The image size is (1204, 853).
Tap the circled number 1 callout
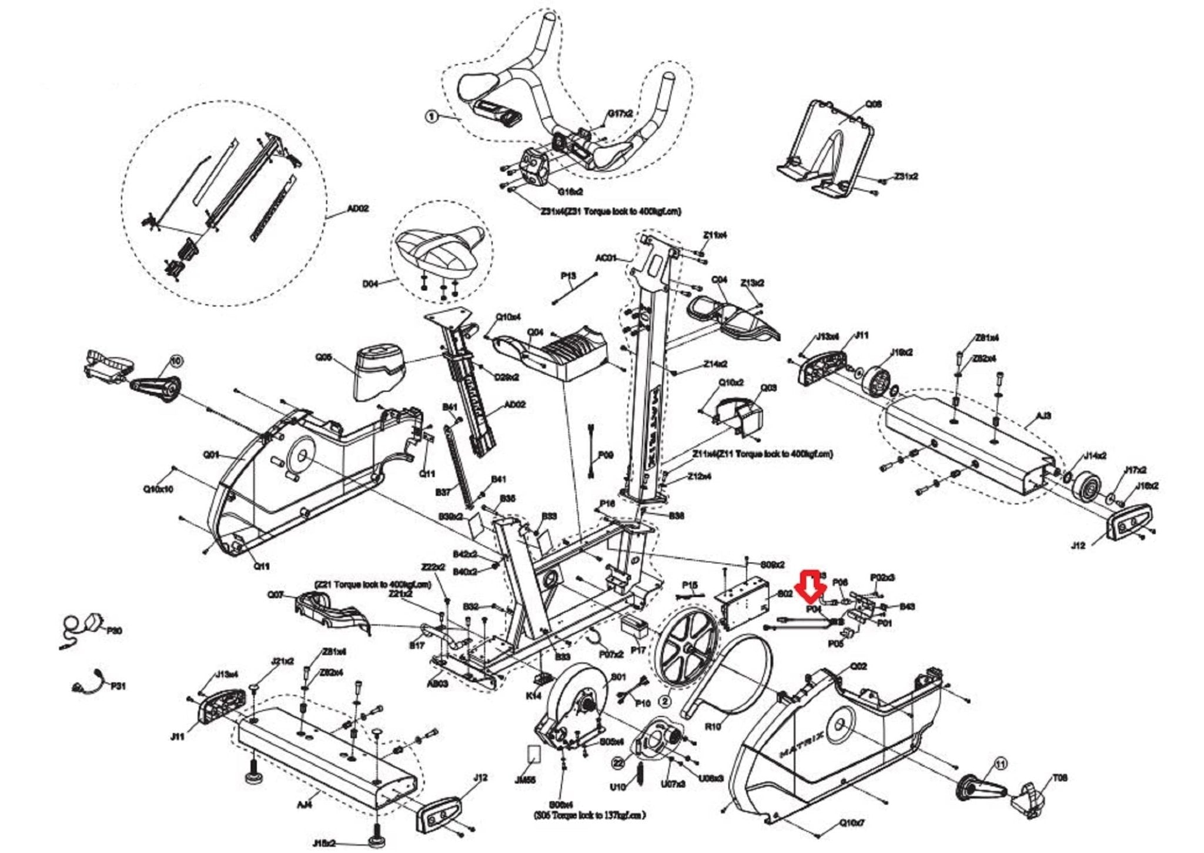432,117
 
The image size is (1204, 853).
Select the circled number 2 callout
665,701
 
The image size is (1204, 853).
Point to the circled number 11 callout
1000,764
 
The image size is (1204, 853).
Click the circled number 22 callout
617,763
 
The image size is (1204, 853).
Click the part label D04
370,284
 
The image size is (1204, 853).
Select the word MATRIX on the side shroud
801,742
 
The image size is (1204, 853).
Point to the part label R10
713,727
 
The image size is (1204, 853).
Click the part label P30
115,631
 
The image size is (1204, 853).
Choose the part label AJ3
1044,416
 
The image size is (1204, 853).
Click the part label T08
1060,778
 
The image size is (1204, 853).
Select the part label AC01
606,258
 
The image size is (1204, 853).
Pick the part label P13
568,275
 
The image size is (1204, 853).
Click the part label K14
533,695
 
